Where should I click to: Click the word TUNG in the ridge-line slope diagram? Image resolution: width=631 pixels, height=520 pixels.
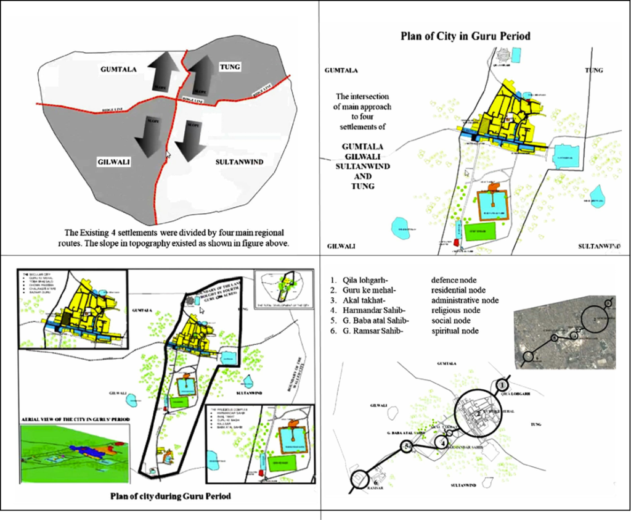coord(230,67)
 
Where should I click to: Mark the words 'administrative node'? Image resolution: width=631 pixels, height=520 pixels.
coord(465,300)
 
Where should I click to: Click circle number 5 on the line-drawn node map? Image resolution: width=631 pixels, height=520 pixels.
coord(406,447)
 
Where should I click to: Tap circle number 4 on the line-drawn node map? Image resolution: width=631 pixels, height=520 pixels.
coord(441,442)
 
